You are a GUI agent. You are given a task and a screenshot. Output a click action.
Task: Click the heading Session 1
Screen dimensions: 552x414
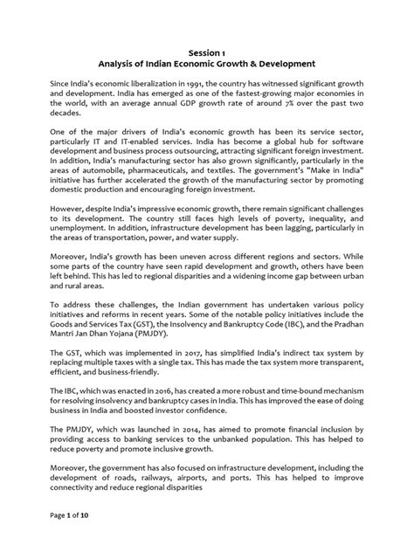point(206,51)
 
